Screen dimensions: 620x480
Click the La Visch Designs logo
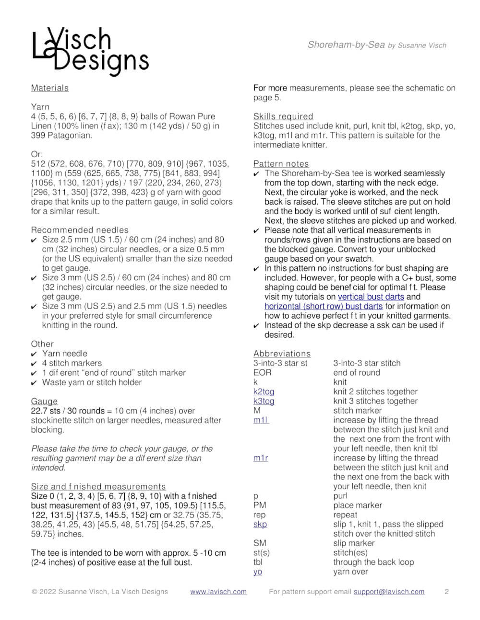[x=90, y=52]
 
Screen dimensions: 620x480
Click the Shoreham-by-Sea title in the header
[x=346, y=45]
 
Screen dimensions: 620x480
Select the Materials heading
[x=50, y=88]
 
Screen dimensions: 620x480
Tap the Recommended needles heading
[x=80, y=230]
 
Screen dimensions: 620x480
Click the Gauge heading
[x=44, y=402]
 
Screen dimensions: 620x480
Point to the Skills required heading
[x=283, y=116]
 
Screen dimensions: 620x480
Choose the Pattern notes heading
[x=281, y=164]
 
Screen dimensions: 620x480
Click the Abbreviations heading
[x=282, y=354]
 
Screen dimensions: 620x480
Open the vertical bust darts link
[x=371, y=297]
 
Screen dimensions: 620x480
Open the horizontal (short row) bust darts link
[x=324, y=306]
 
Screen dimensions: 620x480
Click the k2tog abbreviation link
[x=264, y=391]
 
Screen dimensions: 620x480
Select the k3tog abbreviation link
[x=264, y=401]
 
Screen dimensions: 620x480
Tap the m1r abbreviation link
[x=261, y=458]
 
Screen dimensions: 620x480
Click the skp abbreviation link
[x=260, y=524]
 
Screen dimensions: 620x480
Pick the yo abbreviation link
[x=258, y=572]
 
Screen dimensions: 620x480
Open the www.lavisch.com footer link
[x=218, y=592]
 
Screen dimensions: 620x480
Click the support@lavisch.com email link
[x=389, y=592]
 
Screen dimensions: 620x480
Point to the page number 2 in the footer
[x=446, y=592]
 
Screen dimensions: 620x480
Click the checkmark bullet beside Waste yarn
[x=34, y=382]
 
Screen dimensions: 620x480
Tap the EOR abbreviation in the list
[x=263, y=373]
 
